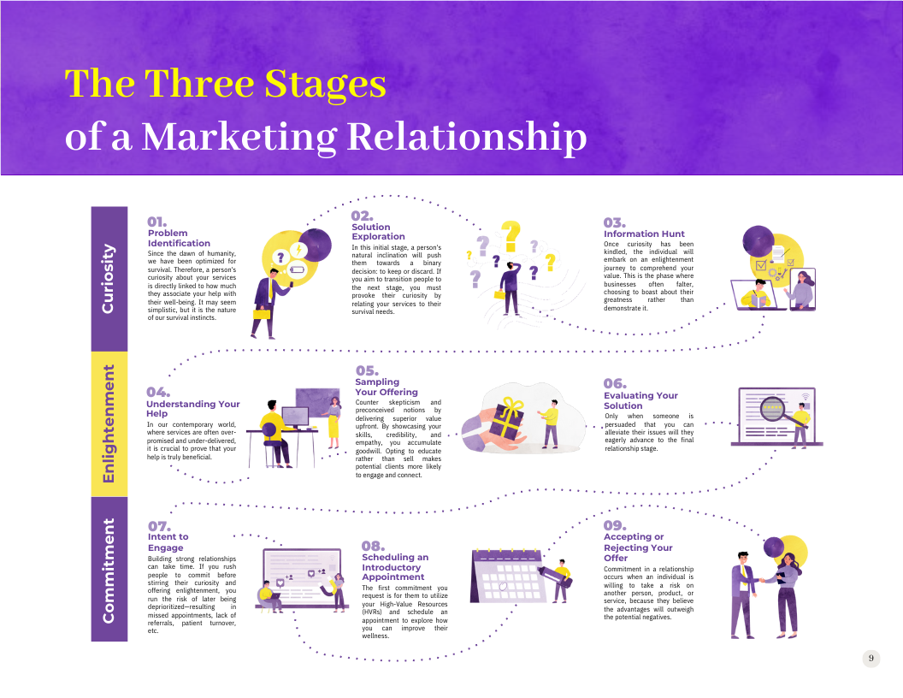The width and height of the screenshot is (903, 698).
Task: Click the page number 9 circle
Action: coord(871,659)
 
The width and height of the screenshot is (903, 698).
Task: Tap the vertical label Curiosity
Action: coord(108,280)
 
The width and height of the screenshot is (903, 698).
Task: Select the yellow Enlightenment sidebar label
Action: coord(108,424)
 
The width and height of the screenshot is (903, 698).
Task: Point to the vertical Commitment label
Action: coord(108,571)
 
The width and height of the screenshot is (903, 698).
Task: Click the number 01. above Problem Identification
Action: coord(156,222)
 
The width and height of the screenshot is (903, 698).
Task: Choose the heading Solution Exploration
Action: coord(378,232)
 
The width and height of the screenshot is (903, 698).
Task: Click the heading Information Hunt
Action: coord(644,234)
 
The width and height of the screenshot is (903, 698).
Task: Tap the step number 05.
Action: coord(367,370)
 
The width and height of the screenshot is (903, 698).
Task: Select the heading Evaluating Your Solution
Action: coord(640,400)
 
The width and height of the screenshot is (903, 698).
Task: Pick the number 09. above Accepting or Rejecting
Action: coord(615,525)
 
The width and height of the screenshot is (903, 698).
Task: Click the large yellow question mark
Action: coord(511,236)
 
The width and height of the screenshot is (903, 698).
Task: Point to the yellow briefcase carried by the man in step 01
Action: coord(262,314)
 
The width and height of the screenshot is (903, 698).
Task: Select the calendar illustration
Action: coord(507,576)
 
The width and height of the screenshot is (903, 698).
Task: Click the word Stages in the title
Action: coord(325,85)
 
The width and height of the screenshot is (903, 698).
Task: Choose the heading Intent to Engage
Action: coord(168,542)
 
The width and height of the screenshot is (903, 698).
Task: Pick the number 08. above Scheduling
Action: coord(373,546)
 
